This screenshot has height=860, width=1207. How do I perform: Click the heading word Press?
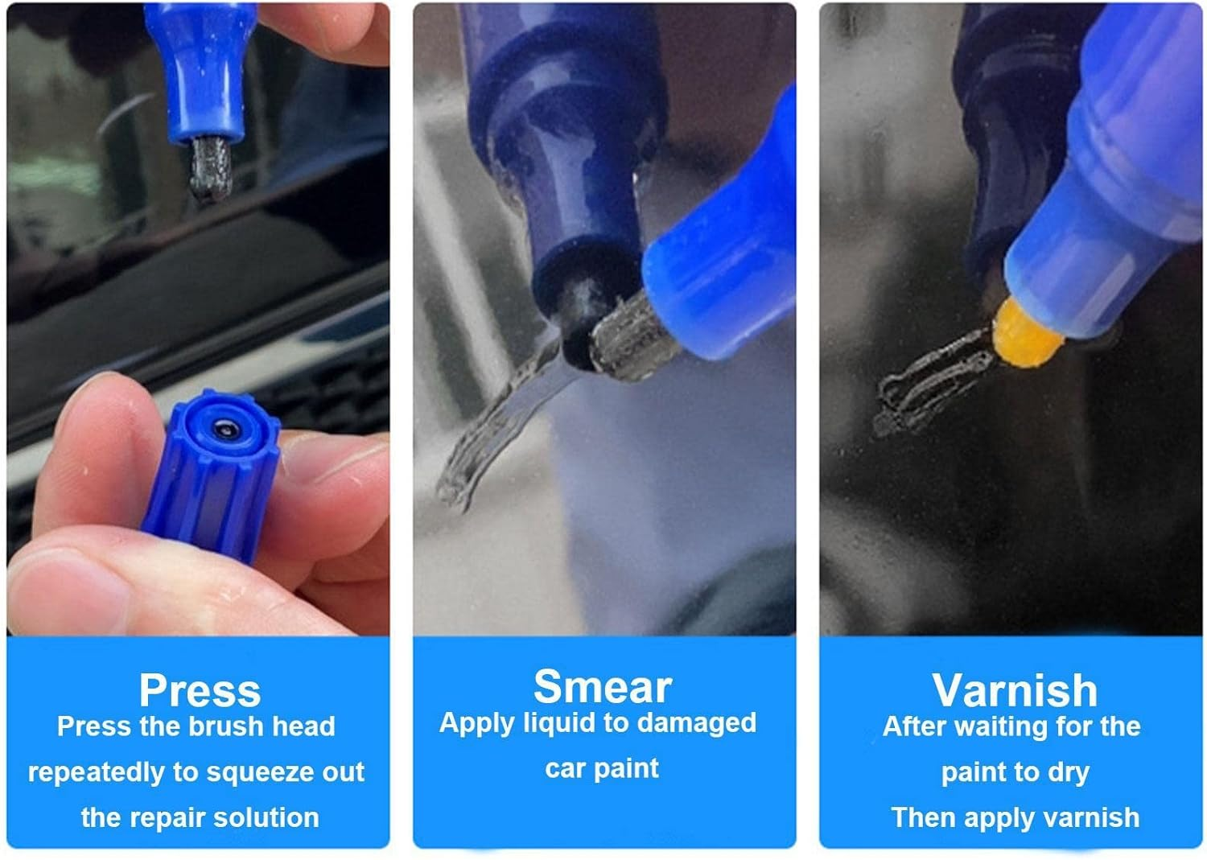[x=200, y=689]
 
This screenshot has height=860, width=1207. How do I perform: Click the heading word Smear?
[x=602, y=686]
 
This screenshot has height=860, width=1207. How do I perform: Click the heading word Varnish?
[x=1015, y=689]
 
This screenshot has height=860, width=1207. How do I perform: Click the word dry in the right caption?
[x=1068, y=772]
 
